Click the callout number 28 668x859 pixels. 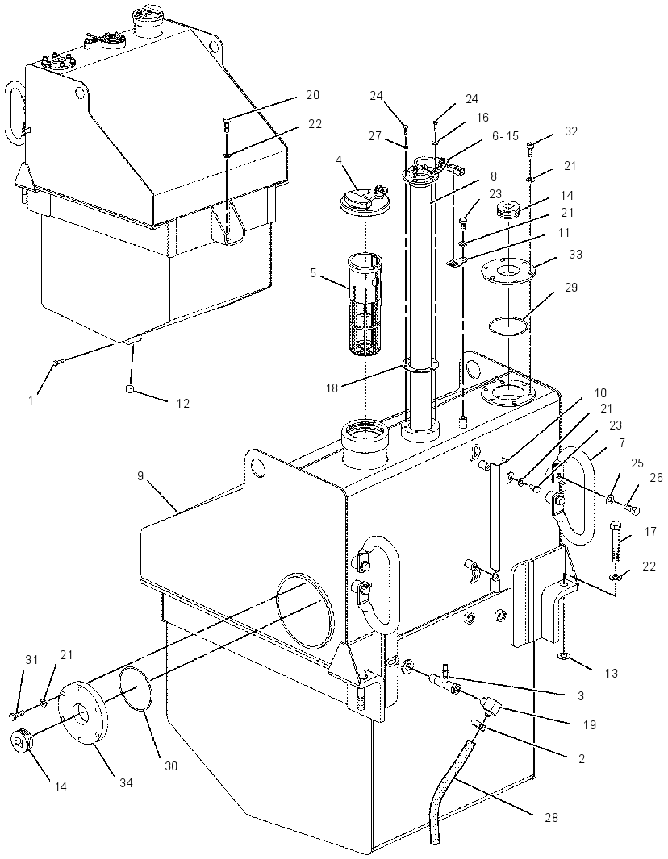pos(551,817)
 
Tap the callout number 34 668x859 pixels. pos(126,783)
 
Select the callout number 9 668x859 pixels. pos(140,476)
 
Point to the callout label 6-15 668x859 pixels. pos(504,136)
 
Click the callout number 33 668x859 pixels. pos(575,254)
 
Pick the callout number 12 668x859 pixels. pos(182,403)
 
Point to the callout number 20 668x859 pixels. pos(312,95)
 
